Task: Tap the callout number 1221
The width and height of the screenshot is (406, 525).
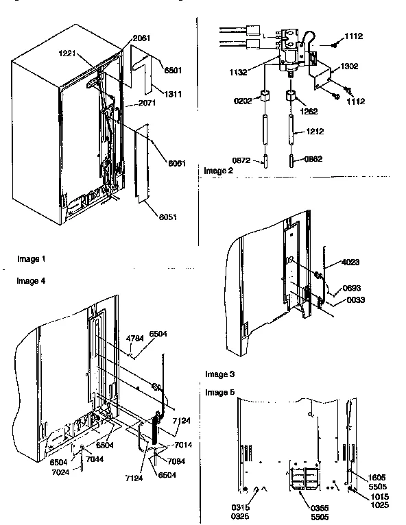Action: (86, 52)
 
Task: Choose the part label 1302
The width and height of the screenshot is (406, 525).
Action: (340, 69)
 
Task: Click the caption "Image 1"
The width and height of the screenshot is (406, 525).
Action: (31, 259)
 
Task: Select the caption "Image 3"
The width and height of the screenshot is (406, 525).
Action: (219, 374)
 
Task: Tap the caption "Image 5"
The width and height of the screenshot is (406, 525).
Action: (219, 392)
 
